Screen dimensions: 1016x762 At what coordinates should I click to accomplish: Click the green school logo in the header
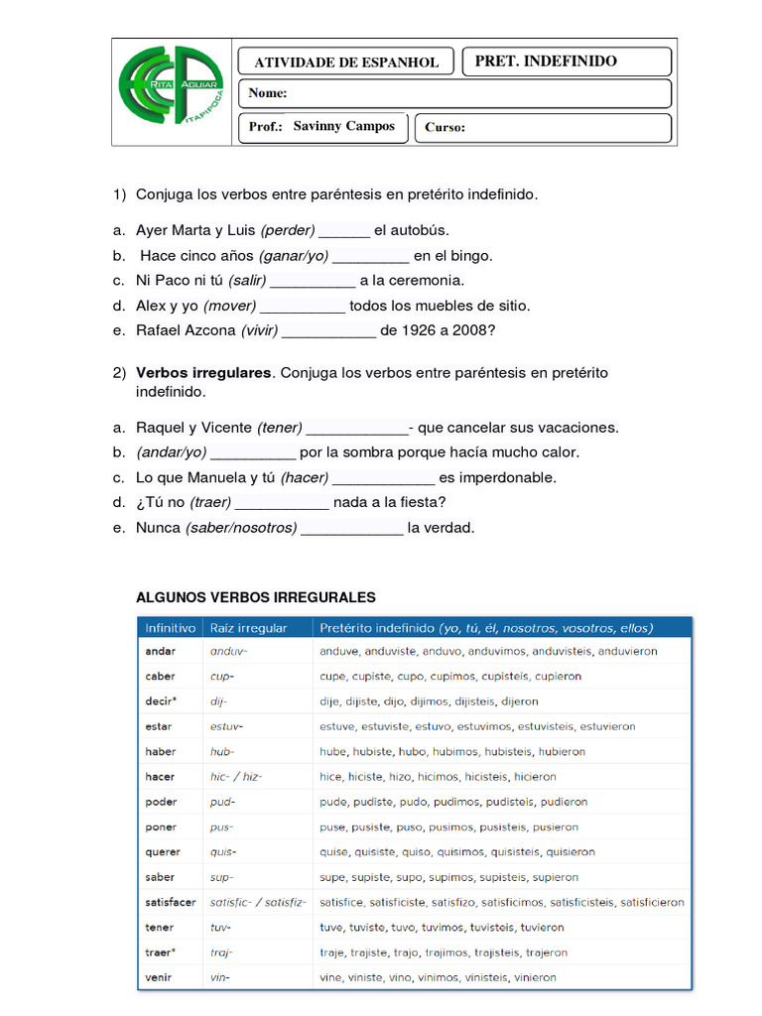coord(171,92)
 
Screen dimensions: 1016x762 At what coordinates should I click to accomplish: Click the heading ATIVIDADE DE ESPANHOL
coord(346,62)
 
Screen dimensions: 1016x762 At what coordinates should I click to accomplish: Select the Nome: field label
coord(268,93)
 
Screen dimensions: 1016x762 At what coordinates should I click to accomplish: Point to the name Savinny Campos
coord(343,126)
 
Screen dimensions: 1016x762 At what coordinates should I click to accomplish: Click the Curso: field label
coord(444,127)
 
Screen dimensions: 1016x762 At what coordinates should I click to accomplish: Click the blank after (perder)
coord(344,231)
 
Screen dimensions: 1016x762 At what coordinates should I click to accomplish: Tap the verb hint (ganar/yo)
coord(294,256)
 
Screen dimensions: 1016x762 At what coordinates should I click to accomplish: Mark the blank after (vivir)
coord(328,330)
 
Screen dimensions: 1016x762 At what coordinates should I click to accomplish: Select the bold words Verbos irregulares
coord(203,373)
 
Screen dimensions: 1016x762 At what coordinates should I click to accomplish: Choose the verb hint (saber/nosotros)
coord(241,527)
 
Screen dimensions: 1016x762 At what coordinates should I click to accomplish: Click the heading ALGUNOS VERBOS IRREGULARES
coord(256,597)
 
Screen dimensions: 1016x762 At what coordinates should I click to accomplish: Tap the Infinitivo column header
coord(171,628)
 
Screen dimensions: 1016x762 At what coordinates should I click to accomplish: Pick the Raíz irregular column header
coord(248,628)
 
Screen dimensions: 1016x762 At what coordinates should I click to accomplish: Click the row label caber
coord(161,677)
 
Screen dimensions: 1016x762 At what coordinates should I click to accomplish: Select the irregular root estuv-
coord(226,726)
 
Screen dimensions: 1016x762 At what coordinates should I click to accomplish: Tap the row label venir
coord(159,977)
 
